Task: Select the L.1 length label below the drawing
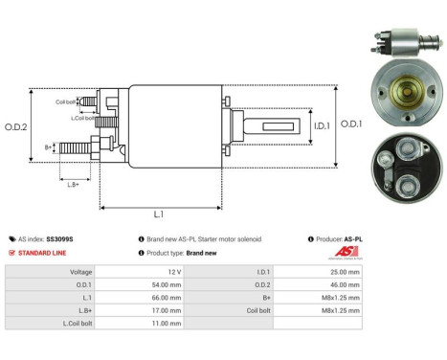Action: (160, 214)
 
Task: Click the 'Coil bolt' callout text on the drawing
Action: (66, 100)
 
